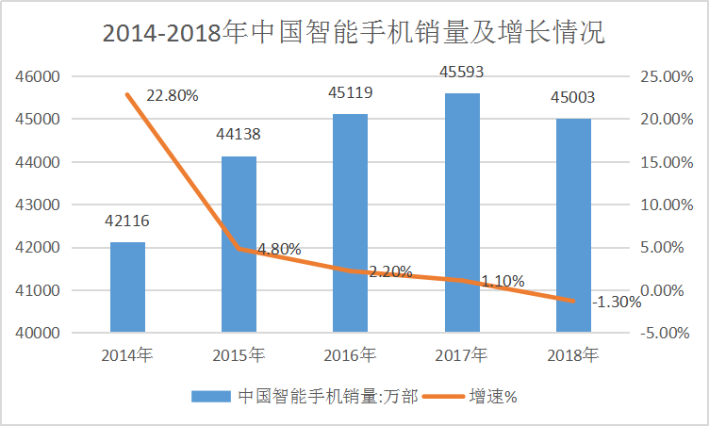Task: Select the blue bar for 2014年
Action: point(127,287)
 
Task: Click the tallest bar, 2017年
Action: point(462,213)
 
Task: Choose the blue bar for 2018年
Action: point(573,225)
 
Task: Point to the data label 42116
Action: point(127,221)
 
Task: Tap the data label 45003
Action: point(573,97)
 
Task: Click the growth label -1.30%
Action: point(617,303)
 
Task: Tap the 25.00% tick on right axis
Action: point(667,76)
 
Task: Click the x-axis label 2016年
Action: point(351,355)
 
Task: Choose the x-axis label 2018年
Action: point(573,355)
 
